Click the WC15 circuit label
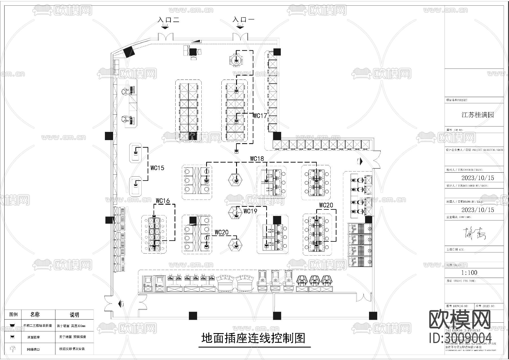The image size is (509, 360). [157, 168]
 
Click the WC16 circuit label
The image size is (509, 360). [163, 201]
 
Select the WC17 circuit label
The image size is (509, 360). [260, 116]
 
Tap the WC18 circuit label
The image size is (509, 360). [257, 159]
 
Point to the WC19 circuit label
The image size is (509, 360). [250, 211]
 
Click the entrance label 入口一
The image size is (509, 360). [243, 20]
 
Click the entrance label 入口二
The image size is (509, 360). [169, 20]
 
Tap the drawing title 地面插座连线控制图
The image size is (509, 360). [253, 338]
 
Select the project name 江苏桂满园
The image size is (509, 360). [478, 115]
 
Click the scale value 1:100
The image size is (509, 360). [469, 273]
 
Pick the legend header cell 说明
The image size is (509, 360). [74, 315]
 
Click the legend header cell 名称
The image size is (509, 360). [35, 314]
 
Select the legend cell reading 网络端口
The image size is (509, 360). [33, 349]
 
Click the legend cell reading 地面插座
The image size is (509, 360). [33, 337]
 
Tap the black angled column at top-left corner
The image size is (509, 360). [129, 52]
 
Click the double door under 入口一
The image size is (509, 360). [240, 37]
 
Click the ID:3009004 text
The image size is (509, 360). [460, 338]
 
